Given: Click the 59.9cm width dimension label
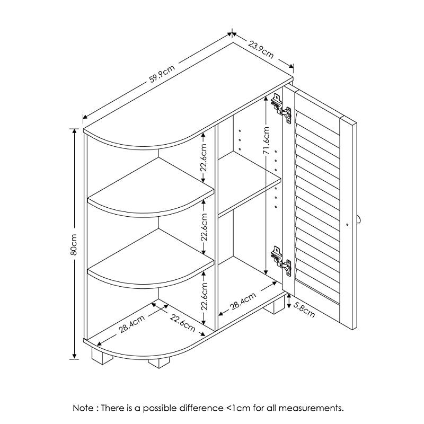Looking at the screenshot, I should pyautogui.click(x=162, y=74).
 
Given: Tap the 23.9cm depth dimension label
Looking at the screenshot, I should pyautogui.click(x=261, y=49).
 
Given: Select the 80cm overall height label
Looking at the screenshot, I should pyautogui.click(x=74, y=244).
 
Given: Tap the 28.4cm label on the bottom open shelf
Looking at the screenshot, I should pyautogui.click(x=131, y=324).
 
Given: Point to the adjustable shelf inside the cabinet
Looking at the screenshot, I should pyautogui.click(x=249, y=196).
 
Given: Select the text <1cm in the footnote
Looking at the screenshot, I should pyautogui.click(x=237, y=408).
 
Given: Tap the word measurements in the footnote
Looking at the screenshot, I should pyautogui.click(x=313, y=408).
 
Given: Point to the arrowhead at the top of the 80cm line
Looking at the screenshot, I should pyautogui.click(x=74, y=130).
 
